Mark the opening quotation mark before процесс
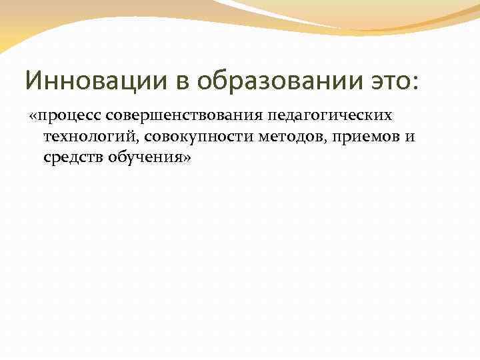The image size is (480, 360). click(x=33, y=116)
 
